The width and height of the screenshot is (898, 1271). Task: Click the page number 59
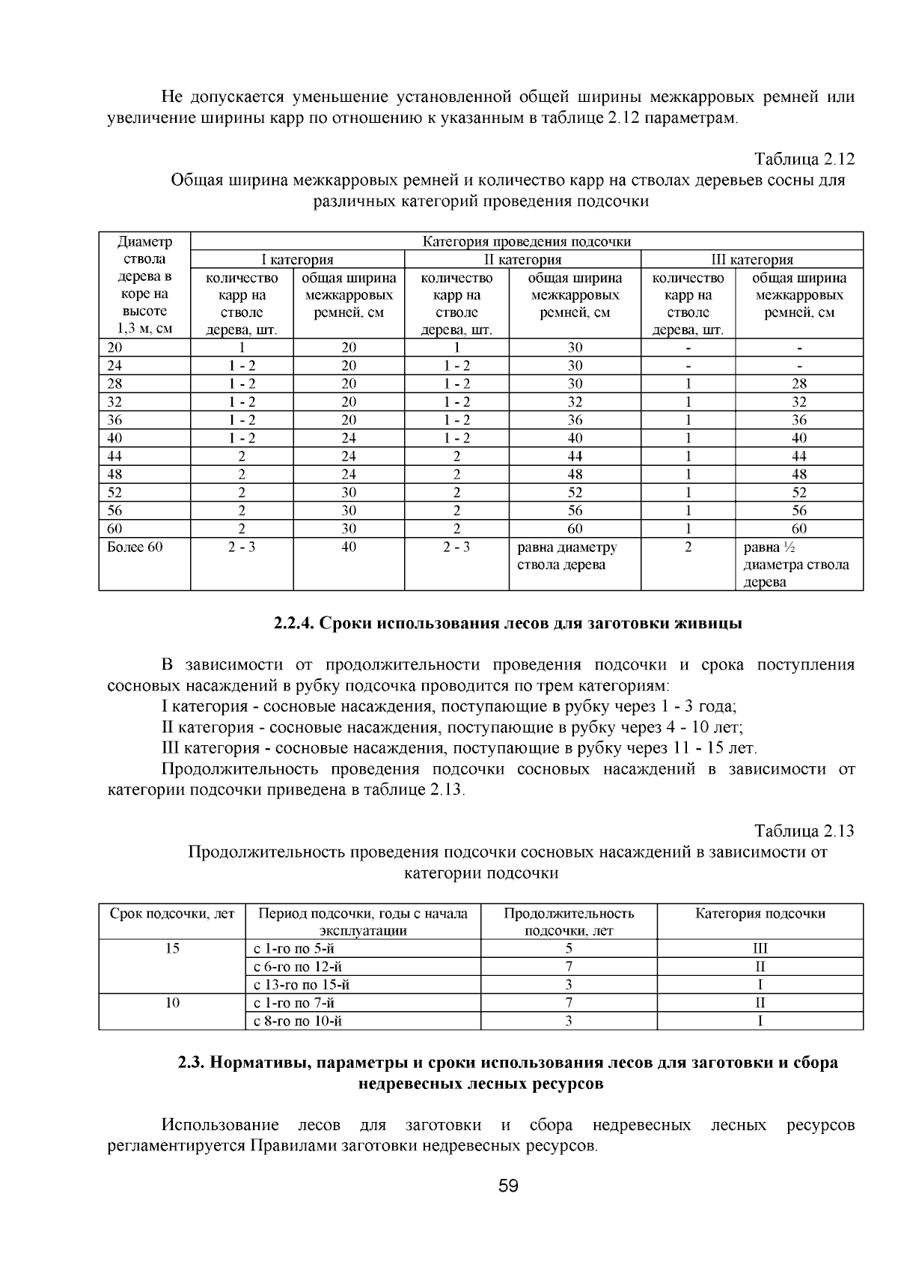(x=508, y=1186)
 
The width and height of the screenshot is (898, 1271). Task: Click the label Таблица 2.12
(x=804, y=160)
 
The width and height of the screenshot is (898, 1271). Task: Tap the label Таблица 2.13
(x=804, y=831)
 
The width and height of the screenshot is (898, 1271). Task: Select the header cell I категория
(x=296, y=260)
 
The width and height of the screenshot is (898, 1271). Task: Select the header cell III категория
(x=751, y=260)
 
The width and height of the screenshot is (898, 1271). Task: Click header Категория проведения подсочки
(x=526, y=242)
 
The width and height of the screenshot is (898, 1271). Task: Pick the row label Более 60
(x=135, y=547)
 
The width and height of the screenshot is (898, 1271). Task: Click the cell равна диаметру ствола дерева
(x=567, y=556)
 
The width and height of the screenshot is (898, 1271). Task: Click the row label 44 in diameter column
(x=115, y=456)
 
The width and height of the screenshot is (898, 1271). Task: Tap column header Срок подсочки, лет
(x=172, y=914)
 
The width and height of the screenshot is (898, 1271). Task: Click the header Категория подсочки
(x=760, y=914)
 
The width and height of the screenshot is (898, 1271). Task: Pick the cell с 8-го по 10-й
(x=298, y=1021)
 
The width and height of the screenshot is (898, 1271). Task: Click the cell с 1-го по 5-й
(x=293, y=949)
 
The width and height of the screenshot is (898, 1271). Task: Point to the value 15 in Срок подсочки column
(x=172, y=949)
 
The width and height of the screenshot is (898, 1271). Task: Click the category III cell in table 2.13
(x=760, y=949)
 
